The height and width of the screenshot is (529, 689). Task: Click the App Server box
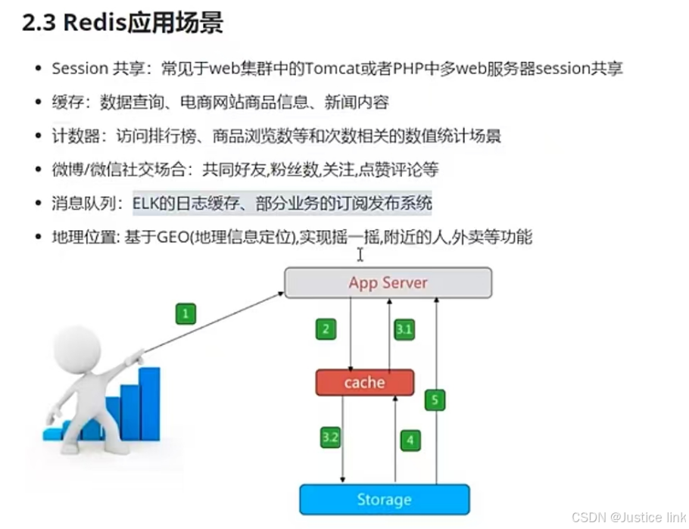point(388,283)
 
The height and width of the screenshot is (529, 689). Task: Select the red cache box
point(364,383)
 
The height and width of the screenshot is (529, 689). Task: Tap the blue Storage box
point(384,499)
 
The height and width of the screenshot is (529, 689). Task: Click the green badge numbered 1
point(185,313)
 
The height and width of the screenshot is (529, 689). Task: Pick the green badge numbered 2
point(326,328)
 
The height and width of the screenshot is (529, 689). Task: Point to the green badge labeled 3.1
point(404,328)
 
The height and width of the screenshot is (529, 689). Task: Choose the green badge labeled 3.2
point(330,437)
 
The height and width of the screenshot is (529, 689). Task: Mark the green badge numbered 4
point(410,439)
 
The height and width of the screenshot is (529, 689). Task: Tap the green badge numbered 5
point(434,400)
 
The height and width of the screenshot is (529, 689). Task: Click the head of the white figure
point(78,347)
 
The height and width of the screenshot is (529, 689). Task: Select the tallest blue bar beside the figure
point(149,403)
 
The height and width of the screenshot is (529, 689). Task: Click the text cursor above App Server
point(360,255)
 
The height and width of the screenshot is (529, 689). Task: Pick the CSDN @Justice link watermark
point(628,518)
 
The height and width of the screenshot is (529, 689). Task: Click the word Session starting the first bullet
point(79,68)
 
